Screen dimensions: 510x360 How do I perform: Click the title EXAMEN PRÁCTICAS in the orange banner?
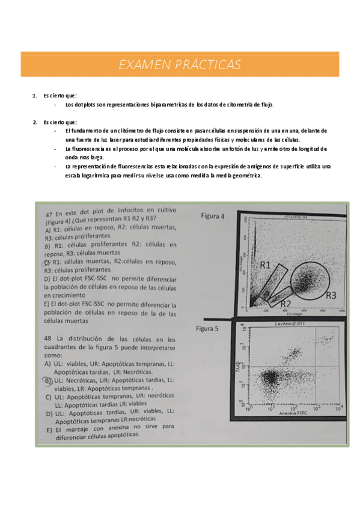coord(180,64)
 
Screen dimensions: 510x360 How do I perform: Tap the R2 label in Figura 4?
coord(286,303)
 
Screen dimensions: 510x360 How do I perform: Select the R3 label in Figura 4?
coord(331,295)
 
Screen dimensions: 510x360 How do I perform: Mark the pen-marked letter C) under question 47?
coord(47,262)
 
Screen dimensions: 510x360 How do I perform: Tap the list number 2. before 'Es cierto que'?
coord(35,122)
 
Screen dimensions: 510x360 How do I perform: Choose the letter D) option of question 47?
coord(47,278)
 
